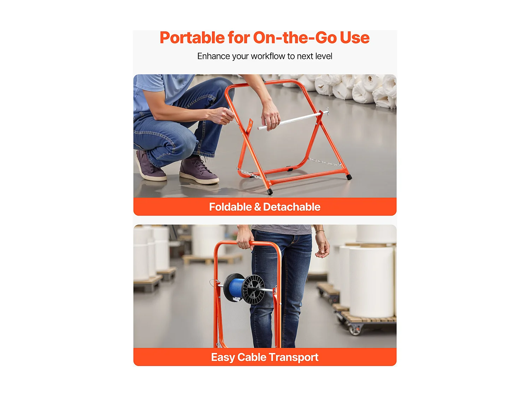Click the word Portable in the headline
tap(192, 38)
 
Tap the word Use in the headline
tap(354, 38)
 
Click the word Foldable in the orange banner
tap(230, 207)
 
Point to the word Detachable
tap(292, 207)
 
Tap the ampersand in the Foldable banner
tap(257, 207)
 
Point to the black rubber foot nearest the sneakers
tap(270, 191)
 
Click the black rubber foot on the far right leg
tap(349, 177)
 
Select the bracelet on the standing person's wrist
tap(320, 231)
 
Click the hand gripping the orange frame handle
tap(245, 239)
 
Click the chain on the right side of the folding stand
tap(324, 162)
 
